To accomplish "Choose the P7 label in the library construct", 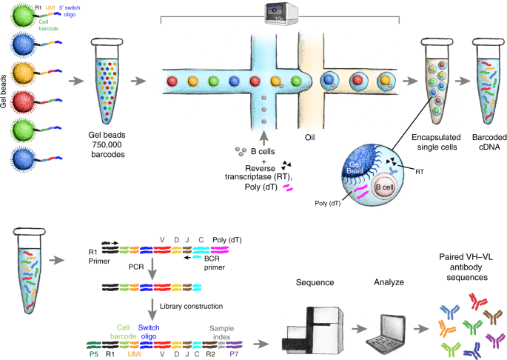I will pos(235,355).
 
